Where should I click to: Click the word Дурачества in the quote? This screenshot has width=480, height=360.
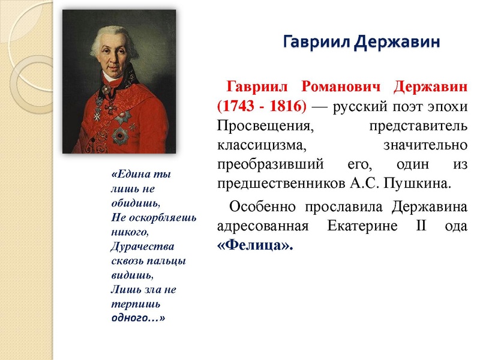(142, 247)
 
